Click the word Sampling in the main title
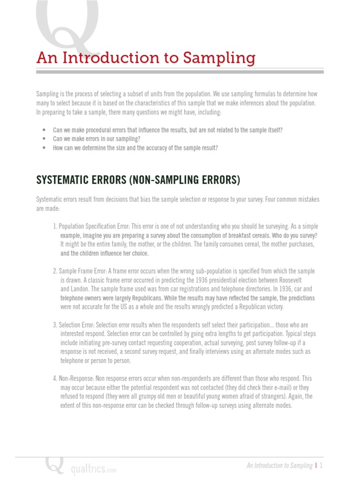point(219,58)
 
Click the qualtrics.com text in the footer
point(93,469)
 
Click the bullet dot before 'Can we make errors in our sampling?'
point(44,139)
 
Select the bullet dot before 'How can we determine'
point(44,148)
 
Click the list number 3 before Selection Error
point(54,325)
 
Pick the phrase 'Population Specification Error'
point(94,226)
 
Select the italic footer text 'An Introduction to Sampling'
point(279,465)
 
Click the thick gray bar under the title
point(180,72)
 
